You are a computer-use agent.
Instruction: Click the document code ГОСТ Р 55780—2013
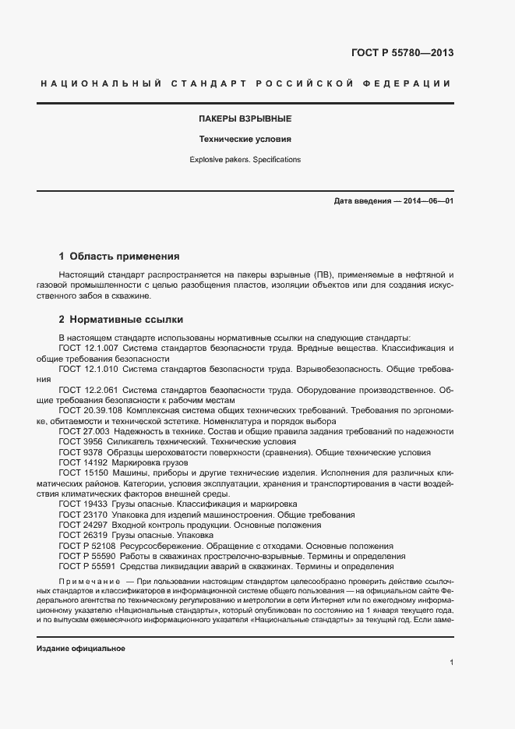[403, 54]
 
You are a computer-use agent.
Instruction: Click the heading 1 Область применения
[119, 256]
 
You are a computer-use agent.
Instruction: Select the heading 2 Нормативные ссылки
[121, 320]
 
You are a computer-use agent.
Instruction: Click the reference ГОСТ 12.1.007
[88, 347]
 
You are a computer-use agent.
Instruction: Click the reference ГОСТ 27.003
[84, 431]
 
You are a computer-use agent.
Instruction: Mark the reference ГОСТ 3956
[79, 441]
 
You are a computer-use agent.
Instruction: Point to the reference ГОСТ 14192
[81, 462]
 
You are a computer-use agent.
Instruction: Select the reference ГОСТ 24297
[81, 526]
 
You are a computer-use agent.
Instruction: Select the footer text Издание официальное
[81, 649]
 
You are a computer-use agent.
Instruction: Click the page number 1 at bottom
[452, 663]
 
